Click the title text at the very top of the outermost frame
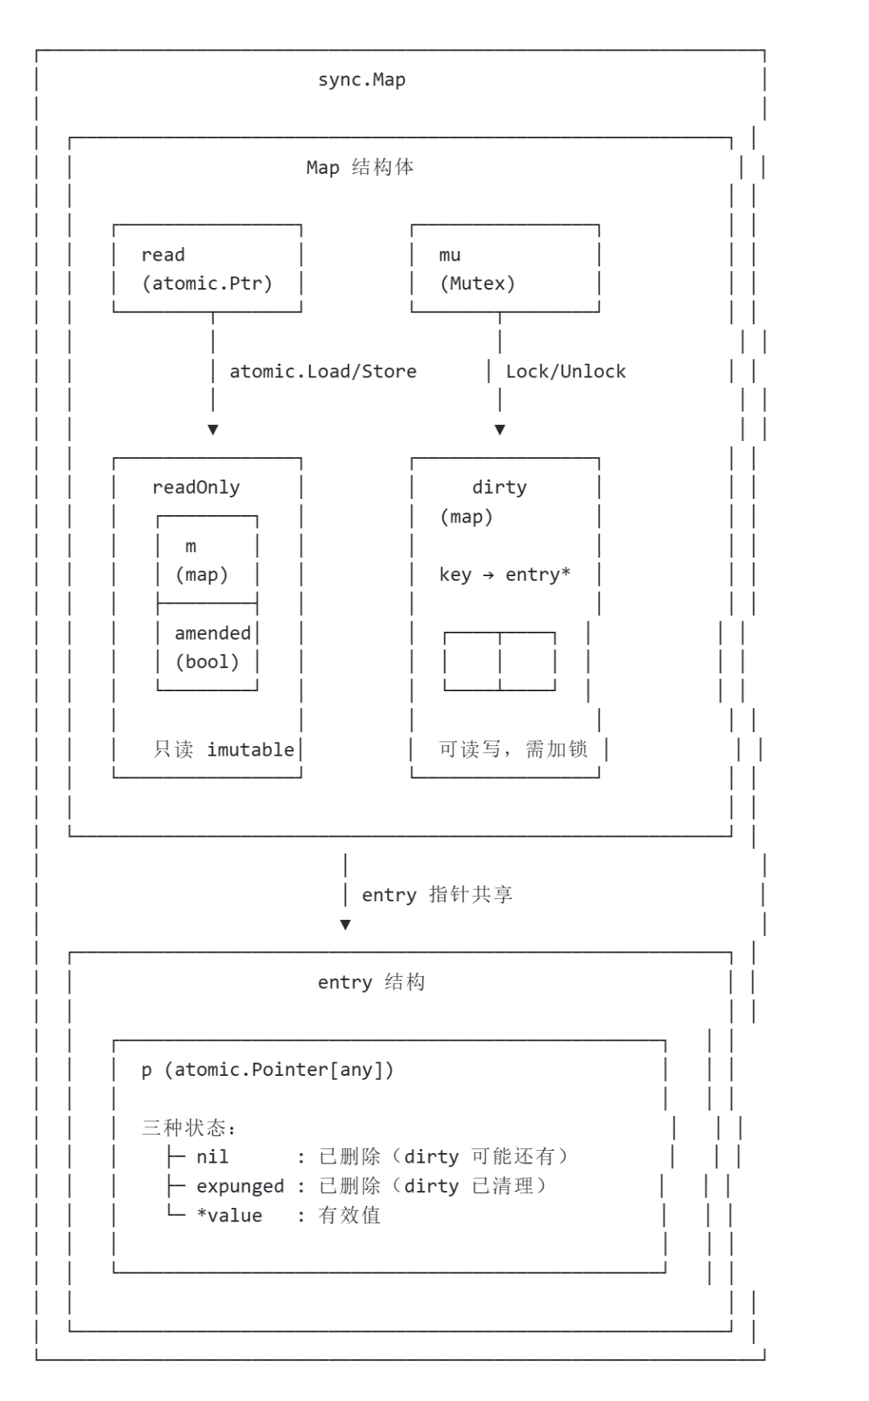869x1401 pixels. tap(360, 80)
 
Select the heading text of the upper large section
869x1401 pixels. tap(360, 167)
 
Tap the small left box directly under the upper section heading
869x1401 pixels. tap(209, 267)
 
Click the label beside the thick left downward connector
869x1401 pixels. tap(322, 372)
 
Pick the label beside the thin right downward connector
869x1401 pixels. tap(566, 372)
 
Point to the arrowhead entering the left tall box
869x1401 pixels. tap(212, 429)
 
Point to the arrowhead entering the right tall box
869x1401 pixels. tap(500, 429)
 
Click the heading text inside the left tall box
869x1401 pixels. tap(196, 488)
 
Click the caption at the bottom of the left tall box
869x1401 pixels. tap(224, 749)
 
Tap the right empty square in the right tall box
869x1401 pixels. tap(529, 662)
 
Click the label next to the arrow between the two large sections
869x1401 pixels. tap(436, 896)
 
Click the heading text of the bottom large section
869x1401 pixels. tap(369, 983)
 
